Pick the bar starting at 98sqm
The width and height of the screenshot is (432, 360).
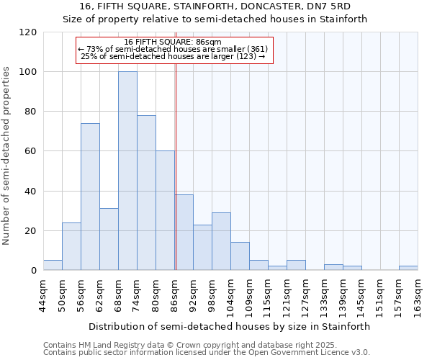click(221, 242)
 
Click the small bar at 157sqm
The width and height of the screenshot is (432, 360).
click(408, 268)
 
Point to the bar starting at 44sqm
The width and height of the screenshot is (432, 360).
click(53, 265)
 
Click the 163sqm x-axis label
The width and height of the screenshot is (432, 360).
click(418, 297)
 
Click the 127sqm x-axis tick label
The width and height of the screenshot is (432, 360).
click(306, 297)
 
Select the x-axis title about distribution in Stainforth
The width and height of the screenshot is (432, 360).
click(230, 326)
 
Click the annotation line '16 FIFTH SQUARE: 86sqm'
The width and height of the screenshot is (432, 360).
click(173, 42)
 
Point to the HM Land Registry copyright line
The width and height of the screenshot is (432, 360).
click(205, 345)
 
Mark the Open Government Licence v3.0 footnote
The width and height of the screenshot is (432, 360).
click(205, 353)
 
